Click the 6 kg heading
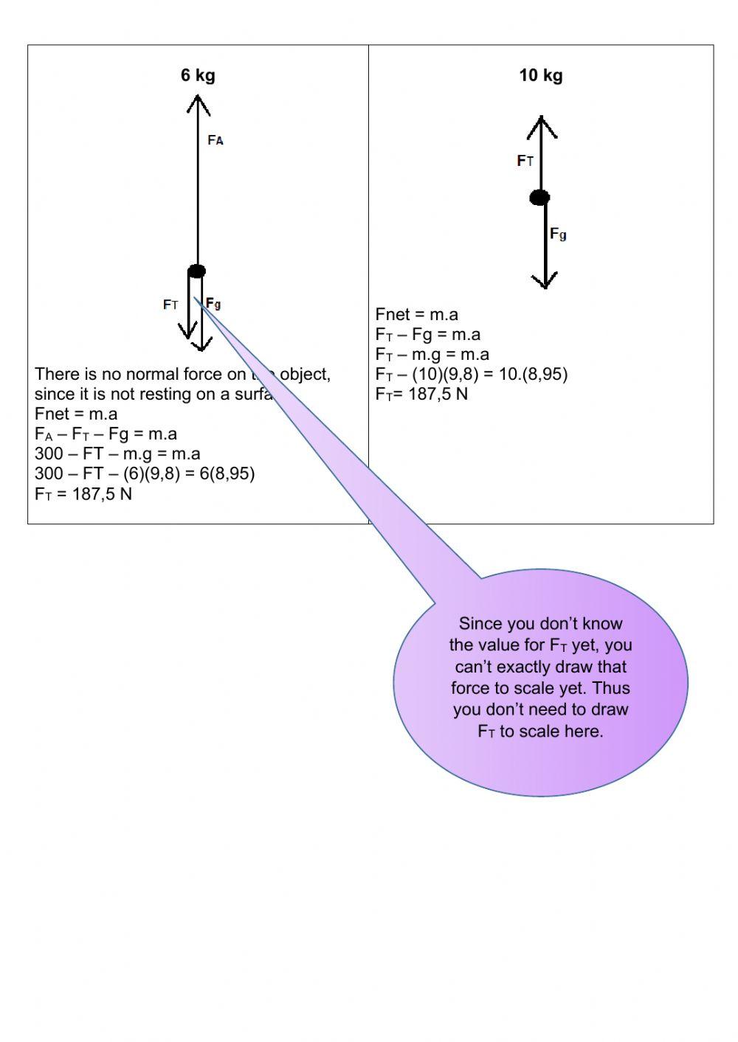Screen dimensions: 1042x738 click(198, 75)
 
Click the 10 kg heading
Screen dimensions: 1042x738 click(540, 75)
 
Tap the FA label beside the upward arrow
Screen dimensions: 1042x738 click(215, 140)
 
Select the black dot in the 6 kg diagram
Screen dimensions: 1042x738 click(196, 271)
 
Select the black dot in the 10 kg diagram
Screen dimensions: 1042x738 click(540, 197)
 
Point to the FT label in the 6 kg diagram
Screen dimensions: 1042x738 click(170, 305)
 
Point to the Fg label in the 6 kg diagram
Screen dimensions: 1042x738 click(213, 303)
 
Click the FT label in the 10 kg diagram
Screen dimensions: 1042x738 click(525, 161)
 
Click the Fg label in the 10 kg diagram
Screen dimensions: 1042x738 click(558, 234)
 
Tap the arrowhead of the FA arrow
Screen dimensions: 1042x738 click(198, 103)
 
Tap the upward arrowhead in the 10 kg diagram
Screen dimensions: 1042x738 click(542, 126)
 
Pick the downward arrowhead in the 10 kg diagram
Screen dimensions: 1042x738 click(545, 281)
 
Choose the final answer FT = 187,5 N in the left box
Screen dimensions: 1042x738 click(83, 494)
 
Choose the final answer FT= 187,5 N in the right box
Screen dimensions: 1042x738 click(421, 394)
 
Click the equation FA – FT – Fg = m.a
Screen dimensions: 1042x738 click(106, 434)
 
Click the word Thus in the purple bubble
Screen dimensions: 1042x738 click(611, 688)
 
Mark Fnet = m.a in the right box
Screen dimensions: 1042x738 click(417, 315)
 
